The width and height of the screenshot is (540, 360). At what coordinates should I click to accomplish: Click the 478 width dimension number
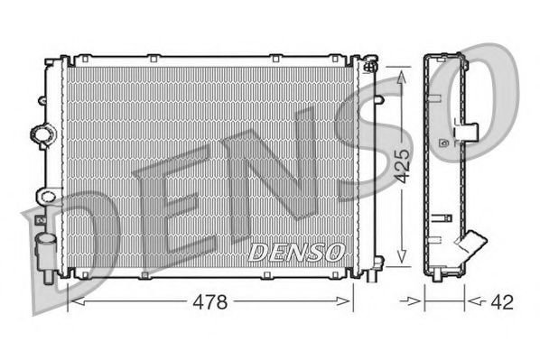209,300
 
